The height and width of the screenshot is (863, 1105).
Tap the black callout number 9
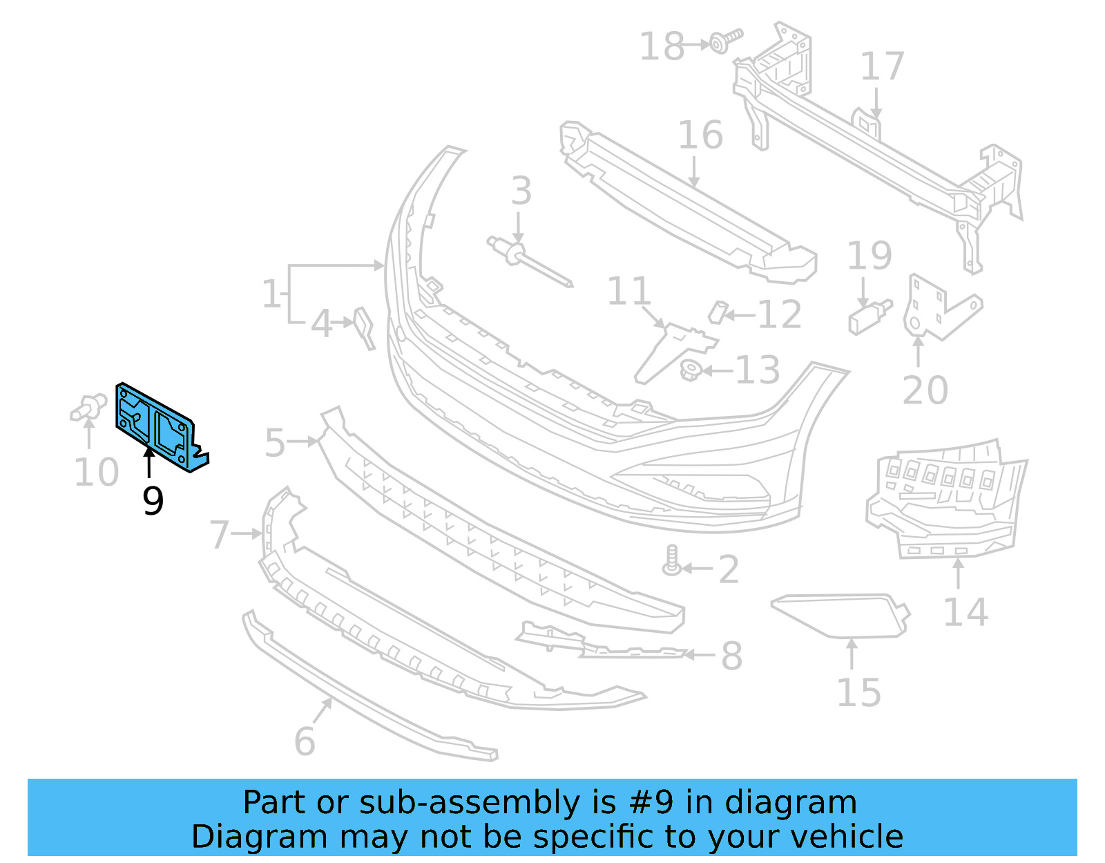[x=153, y=501]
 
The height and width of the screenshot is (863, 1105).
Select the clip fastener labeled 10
[x=88, y=407]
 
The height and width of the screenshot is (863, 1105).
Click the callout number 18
[x=661, y=47]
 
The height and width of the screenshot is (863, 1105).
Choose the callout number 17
[x=881, y=67]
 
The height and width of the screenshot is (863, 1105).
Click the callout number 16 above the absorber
[x=700, y=135]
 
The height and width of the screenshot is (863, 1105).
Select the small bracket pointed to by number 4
[x=364, y=326]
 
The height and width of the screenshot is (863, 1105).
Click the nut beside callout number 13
[x=691, y=371]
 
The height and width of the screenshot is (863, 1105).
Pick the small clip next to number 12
[x=718, y=313]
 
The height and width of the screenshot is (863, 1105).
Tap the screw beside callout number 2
[x=672, y=560]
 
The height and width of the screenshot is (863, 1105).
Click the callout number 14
[x=965, y=613]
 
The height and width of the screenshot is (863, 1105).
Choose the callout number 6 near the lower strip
[x=305, y=742]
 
